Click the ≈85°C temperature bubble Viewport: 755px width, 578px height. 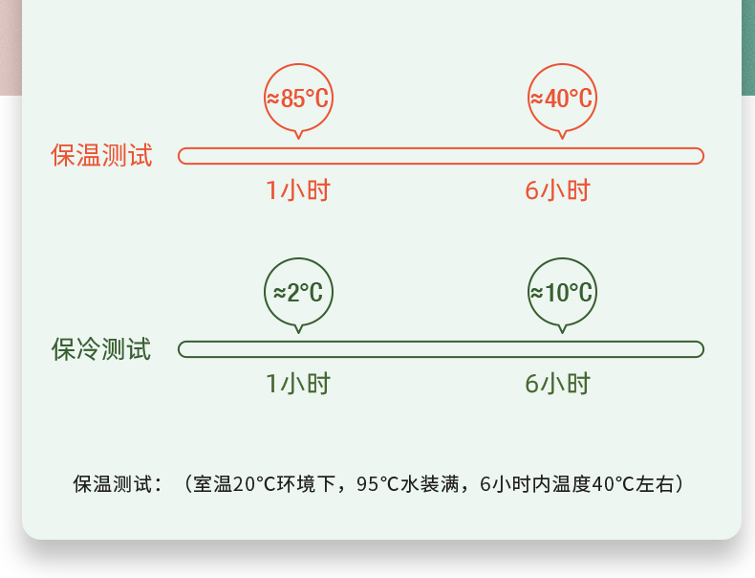(298, 98)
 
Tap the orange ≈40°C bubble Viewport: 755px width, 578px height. (562, 98)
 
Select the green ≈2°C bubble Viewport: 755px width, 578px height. (298, 292)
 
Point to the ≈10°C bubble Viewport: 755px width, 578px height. (562, 292)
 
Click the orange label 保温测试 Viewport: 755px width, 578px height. (101, 156)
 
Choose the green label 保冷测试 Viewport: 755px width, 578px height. (101, 349)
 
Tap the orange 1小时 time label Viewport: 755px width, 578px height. (298, 190)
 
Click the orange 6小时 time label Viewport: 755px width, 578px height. (558, 190)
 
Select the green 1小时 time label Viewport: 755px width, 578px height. (298, 384)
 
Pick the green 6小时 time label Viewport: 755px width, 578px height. (558, 384)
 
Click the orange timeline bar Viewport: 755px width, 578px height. (441, 156)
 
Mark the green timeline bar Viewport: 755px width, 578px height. (441, 349)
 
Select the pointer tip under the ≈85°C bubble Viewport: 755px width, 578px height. (298, 138)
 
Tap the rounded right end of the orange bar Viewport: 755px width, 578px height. (699, 156)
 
